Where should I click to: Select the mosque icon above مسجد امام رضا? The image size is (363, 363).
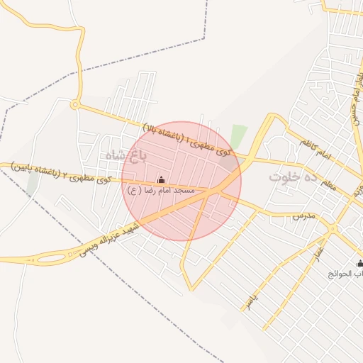(160, 179)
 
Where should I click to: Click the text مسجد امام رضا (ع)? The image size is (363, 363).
(165, 191)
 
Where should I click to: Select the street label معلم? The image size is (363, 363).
(328, 184)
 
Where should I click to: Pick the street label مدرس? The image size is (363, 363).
(303, 214)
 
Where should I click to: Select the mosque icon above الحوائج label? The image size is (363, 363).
(359, 263)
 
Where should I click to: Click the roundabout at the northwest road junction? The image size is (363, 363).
(74, 105)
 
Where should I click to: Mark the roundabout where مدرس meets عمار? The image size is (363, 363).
(332, 228)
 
